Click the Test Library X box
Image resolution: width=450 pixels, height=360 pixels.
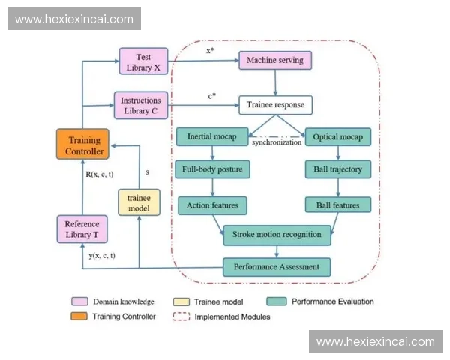click(x=143, y=61)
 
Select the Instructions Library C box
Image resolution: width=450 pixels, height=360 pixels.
click(x=140, y=105)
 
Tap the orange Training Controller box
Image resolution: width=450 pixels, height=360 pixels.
click(x=83, y=145)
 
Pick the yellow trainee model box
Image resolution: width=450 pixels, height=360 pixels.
click(x=140, y=202)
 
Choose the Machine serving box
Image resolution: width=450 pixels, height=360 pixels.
click(x=275, y=59)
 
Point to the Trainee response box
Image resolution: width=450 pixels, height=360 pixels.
click(x=275, y=104)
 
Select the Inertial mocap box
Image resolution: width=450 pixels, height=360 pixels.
click(x=213, y=137)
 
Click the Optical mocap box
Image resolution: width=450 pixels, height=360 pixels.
click(x=337, y=137)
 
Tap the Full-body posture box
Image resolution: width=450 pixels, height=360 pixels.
click(x=213, y=169)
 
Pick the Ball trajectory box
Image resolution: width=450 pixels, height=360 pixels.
click(x=337, y=169)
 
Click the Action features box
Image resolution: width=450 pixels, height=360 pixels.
click(x=213, y=204)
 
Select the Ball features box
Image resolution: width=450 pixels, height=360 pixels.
click(x=337, y=204)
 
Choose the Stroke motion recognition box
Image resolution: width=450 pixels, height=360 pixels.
click(x=276, y=234)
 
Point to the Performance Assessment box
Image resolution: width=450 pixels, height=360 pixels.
click(x=276, y=265)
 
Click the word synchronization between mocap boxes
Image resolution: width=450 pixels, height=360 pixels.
click(x=276, y=142)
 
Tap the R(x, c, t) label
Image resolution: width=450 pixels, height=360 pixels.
click(x=100, y=175)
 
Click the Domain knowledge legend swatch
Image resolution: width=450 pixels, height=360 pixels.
click(x=79, y=301)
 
